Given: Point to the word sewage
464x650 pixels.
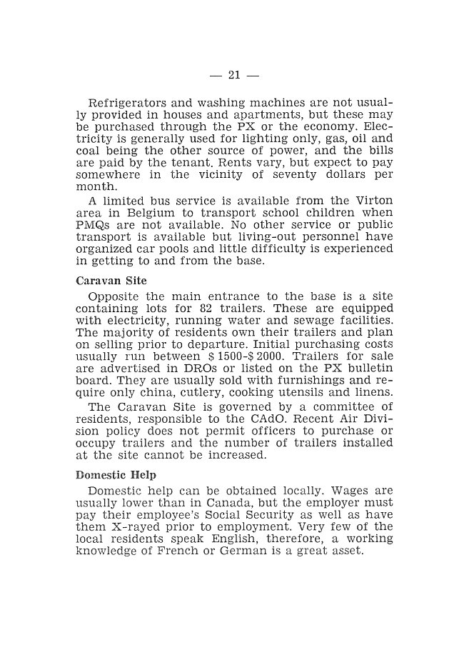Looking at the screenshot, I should pos(311,321).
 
